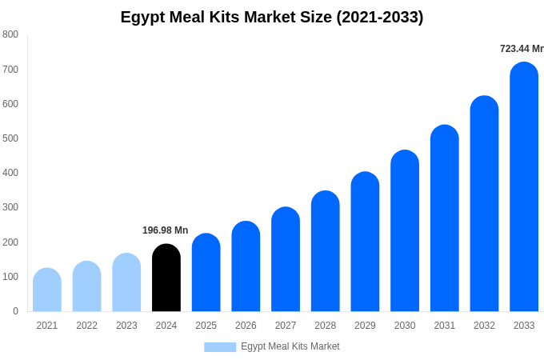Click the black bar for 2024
click(166, 278)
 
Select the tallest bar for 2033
click(524, 187)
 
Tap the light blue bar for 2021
click(47, 290)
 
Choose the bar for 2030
click(405, 231)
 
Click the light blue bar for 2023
click(126, 282)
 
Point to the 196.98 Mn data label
click(165, 230)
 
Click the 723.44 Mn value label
click(521, 49)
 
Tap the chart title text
click(272, 17)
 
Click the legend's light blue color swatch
click(220, 346)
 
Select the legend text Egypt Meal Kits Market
click(290, 346)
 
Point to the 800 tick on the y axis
click(10, 34)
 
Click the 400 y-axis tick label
click(10, 173)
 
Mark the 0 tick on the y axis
click(15, 311)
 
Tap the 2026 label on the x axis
click(246, 326)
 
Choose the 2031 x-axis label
click(445, 326)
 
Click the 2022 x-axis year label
click(87, 326)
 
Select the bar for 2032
click(484, 204)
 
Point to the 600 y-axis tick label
click(10, 104)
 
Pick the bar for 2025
click(206, 273)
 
